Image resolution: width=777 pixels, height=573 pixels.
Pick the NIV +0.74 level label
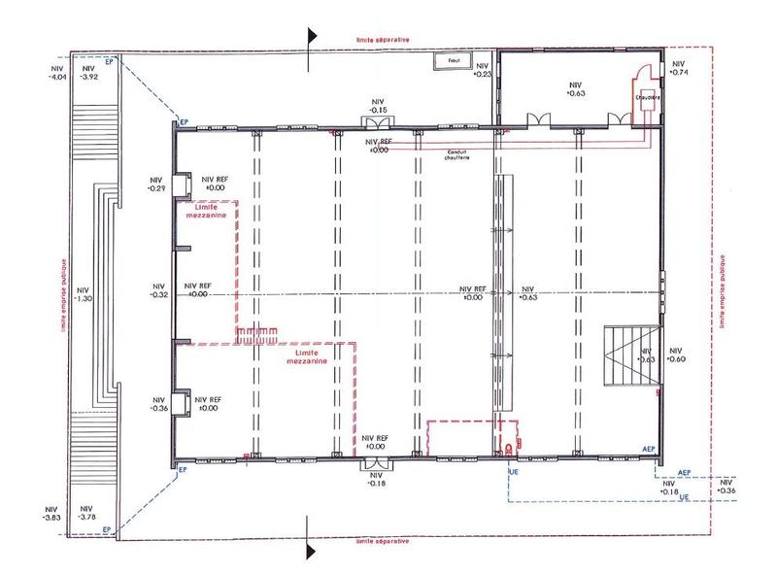click(x=679, y=67)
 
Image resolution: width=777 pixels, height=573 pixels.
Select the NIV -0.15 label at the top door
click(x=378, y=106)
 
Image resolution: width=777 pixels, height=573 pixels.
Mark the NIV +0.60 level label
click(x=677, y=354)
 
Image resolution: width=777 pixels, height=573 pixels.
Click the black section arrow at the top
click(x=312, y=36)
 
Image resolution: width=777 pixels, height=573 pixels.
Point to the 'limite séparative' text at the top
click(x=381, y=40)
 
